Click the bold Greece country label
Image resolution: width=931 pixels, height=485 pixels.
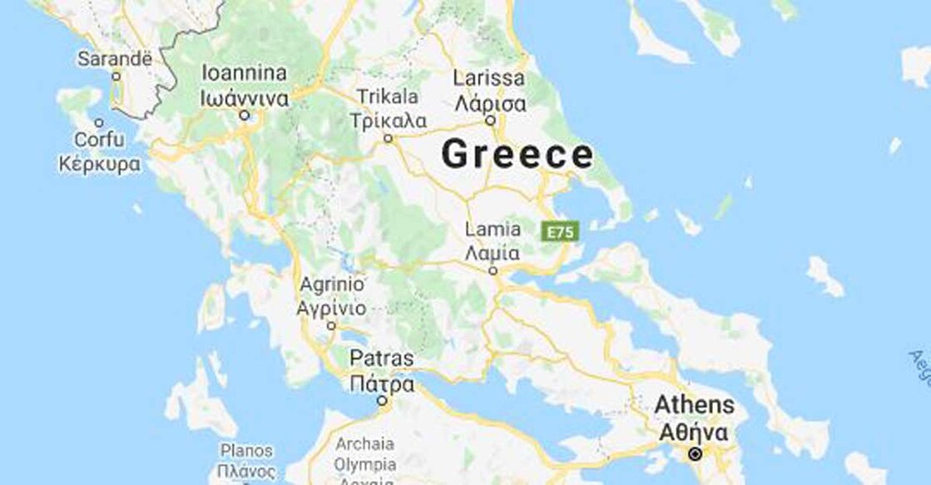click(517, 155)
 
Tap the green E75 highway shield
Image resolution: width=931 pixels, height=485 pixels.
click(559, 231)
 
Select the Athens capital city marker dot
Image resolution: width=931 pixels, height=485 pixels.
click(695, 454)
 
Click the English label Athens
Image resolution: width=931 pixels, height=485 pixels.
click(695, 406)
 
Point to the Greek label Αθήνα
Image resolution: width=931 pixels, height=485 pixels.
click(695, 433)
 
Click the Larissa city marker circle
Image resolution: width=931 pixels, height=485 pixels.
click(491, 121)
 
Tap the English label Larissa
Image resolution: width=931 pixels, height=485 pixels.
click(490, 79)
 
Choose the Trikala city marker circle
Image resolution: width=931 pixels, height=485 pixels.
click(388, 139)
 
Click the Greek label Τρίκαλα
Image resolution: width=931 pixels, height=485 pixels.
click(389, 121)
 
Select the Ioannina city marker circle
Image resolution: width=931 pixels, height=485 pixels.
click(245, 116)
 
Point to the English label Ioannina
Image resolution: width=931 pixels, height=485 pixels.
click(245, 72)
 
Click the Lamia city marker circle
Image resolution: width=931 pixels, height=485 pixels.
click(493, 270)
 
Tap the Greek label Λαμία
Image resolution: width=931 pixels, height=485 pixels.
click(493, 253)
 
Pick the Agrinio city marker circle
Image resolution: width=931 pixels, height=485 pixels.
click(331, 326)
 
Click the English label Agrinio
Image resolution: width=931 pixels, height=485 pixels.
click(331, 285)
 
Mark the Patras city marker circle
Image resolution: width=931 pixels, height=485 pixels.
click(382, 401)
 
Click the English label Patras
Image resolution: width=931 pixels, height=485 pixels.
click(381, 359)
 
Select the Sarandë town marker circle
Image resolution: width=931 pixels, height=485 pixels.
click(116, 77)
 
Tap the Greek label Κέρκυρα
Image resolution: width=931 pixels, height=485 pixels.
click(99, 164)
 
